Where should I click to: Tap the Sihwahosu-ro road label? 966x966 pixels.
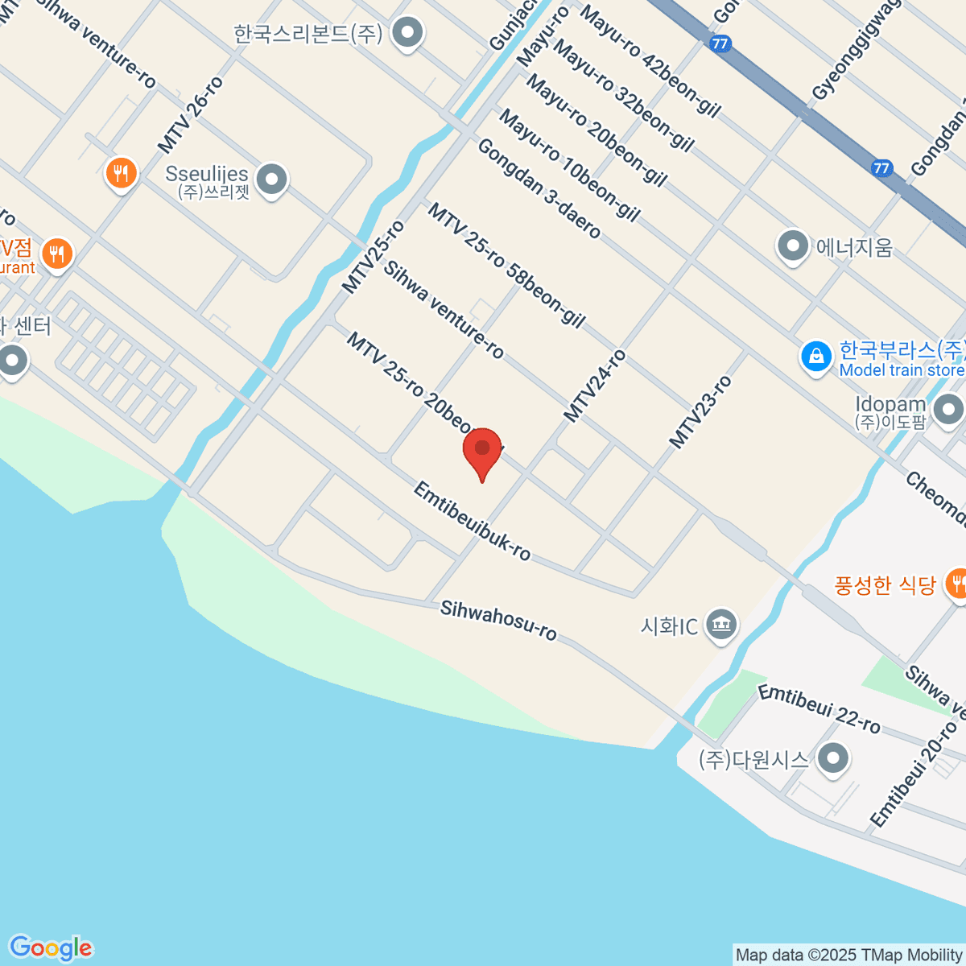point(498,621)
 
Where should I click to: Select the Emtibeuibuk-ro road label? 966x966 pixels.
point(472,521)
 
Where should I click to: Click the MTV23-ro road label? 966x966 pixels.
point(700,412)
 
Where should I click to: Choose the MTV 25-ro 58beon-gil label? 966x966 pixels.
point(506,266)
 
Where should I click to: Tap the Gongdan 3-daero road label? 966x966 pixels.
point(539,189)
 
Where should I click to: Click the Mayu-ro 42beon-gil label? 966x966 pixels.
point(650,61)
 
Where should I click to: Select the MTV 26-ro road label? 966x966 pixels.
point(190,115)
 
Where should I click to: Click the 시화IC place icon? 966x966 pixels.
point(720,624)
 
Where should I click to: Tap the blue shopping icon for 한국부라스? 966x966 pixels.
point(815,356)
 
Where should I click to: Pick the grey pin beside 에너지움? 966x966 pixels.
point(793,246)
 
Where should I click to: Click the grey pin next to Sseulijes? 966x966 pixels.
point(271,179)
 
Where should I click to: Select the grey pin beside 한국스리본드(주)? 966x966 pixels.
point(407,33)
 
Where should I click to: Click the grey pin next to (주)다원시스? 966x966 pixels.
point(832,758)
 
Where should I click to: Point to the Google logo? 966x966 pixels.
point(51,948)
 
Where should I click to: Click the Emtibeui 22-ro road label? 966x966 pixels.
point(819,708)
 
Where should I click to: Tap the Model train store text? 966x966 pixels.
point(902,370)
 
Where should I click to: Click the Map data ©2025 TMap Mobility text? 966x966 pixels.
point(848,956)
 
